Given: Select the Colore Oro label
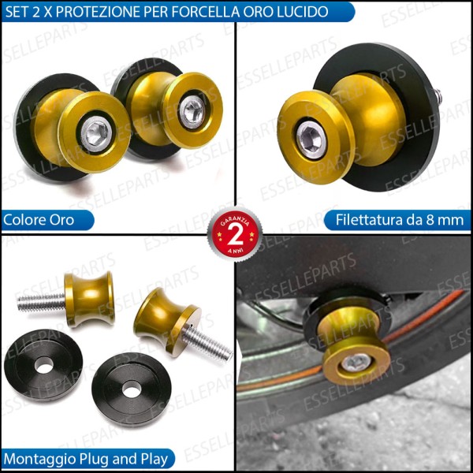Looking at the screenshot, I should (x=39, y=219).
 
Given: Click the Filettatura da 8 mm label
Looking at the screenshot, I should (x=400, y=219).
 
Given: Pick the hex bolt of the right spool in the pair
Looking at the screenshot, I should (x=192, y=111).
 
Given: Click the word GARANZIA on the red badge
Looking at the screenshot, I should (x=234, y=222).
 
